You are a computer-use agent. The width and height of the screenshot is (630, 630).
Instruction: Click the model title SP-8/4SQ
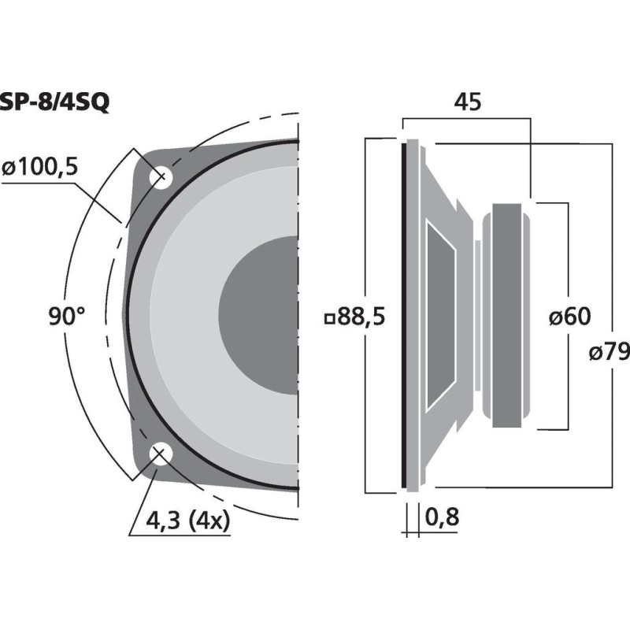54,103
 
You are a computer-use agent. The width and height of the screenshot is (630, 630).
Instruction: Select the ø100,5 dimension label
39,167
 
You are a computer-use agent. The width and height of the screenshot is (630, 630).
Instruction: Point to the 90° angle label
67,316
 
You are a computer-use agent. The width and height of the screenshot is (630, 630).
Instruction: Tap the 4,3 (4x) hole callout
188,521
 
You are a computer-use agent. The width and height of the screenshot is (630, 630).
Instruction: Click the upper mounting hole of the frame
161,177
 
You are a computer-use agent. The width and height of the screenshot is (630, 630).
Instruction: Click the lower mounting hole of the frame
161,454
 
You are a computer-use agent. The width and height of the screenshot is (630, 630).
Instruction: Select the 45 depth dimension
467,102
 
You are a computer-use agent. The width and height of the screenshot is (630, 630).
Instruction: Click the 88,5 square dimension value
361,317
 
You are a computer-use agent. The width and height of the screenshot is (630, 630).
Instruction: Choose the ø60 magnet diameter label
569,316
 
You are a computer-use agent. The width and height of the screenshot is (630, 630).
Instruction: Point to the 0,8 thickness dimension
442,517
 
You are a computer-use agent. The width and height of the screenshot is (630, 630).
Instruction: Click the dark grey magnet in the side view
506,316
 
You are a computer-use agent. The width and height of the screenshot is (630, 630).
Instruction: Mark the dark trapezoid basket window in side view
441,315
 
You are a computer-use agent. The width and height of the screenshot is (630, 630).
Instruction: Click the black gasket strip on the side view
403,316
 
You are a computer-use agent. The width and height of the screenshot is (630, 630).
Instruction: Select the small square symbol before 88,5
330,320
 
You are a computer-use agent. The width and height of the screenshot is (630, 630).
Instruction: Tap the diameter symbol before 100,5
9,169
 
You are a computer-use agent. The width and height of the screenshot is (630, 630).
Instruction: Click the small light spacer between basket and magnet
477,315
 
